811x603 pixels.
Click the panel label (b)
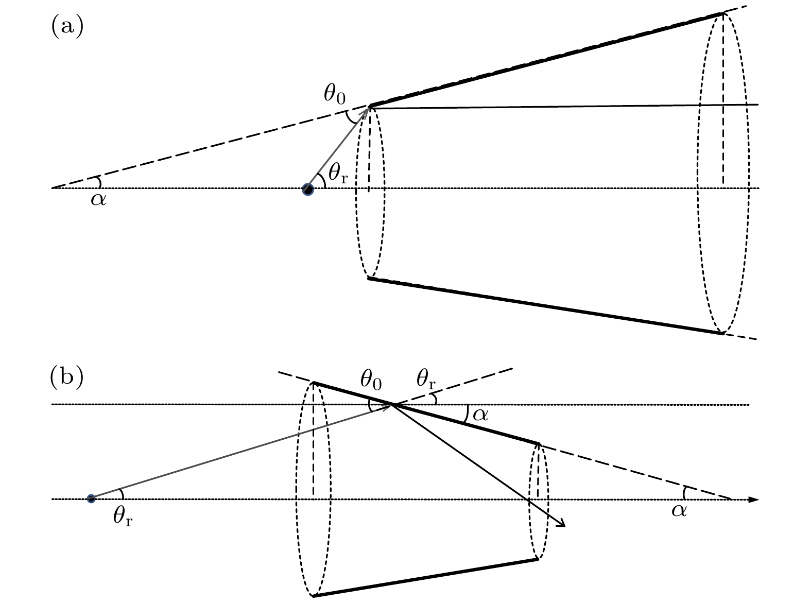point(66,377)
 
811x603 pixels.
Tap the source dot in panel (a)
point(308,189)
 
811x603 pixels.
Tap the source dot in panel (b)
point(91,498)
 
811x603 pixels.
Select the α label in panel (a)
point(98,199)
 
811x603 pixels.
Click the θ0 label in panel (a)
point(335,94)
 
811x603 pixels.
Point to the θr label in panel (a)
point(338,175)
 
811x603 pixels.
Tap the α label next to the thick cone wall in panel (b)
point(480,414)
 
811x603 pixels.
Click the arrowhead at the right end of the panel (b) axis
point(754,499)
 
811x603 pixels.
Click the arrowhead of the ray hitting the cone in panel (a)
point(367,110)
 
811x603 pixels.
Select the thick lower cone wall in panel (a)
point(546,306)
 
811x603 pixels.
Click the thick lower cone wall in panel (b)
point(425,578)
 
